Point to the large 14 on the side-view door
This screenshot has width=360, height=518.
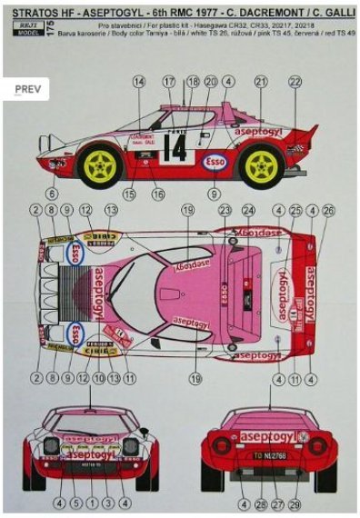pos(174,147)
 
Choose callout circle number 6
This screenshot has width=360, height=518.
pos(53,194)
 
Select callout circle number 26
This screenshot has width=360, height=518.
pos(328,210)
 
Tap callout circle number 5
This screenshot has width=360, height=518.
pos(76,501)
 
